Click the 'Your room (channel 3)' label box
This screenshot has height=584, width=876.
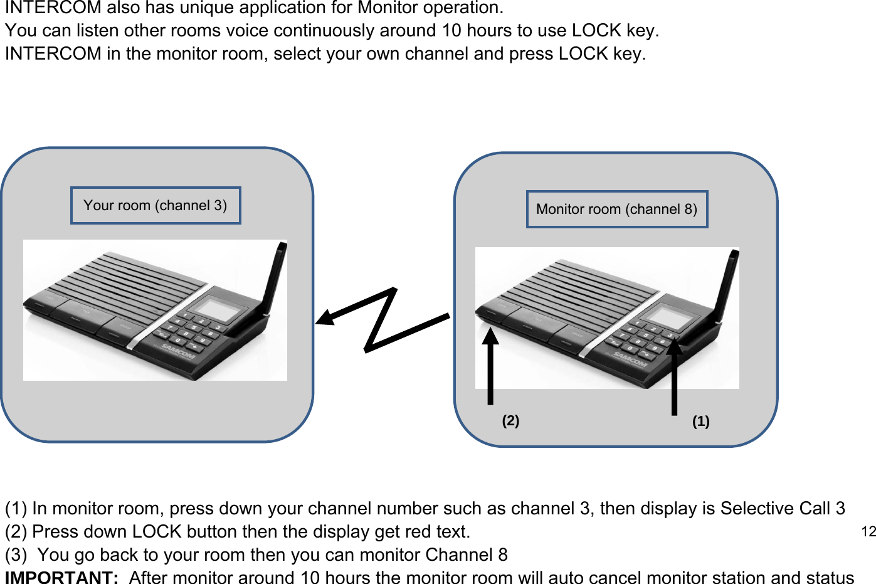156,205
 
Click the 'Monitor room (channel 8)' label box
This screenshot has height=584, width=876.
616,209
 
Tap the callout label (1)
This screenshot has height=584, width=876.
700,422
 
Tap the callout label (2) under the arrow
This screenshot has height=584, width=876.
510,420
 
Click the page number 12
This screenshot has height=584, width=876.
868,532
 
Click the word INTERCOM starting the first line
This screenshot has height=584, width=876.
53,8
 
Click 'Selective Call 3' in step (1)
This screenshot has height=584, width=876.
783,508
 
